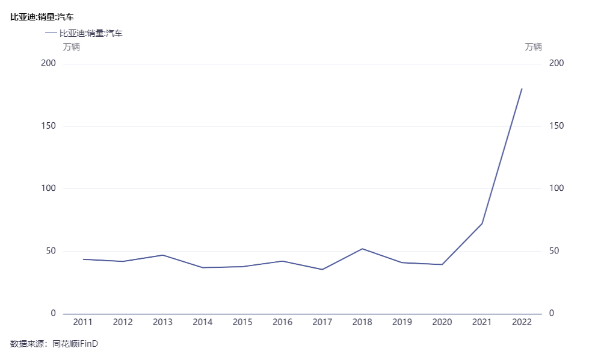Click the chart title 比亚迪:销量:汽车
[42, 17]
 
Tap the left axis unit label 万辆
[71, 47]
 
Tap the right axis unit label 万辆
[533, 47]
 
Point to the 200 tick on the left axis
[48, 64]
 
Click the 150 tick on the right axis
[556, 126]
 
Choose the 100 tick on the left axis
[48, 188]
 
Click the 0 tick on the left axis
[53, 314]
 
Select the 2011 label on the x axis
[83, 322]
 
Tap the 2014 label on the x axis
[203, 322]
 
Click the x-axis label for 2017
[322, 322]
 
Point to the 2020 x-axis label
[442, 322]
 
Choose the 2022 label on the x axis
[522, 322]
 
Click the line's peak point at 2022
[522, 89]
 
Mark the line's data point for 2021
[482, 223]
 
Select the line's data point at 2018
[362, 249]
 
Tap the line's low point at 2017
[322, 269]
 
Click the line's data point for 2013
[162, 255]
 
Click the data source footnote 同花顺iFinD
[75, 344]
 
